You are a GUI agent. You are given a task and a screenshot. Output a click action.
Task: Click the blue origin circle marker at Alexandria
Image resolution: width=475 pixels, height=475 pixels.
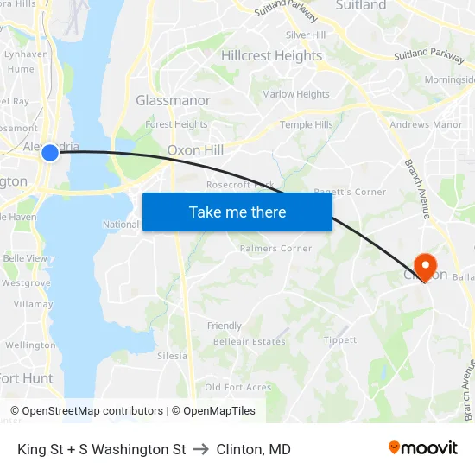point(50,152)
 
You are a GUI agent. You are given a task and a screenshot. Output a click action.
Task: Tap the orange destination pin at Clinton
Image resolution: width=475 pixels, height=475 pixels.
point(426,263)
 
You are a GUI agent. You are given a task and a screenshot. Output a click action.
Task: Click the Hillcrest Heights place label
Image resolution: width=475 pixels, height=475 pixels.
point(271,55)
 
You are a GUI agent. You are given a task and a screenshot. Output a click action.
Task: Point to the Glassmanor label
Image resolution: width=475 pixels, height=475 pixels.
point(173,100)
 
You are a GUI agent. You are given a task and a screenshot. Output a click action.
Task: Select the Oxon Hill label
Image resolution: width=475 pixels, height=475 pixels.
point(195,149)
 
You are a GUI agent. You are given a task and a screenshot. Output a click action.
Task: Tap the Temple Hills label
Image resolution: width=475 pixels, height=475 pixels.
point(306,124)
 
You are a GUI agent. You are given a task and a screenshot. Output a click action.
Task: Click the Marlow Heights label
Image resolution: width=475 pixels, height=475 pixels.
point(295,94)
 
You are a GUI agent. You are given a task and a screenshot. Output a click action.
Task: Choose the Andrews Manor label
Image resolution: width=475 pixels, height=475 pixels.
point(426,124)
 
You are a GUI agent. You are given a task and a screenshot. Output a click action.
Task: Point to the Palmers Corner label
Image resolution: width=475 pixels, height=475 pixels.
point(275,248)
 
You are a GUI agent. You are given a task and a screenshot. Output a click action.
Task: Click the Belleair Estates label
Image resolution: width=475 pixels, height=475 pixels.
point(249,341)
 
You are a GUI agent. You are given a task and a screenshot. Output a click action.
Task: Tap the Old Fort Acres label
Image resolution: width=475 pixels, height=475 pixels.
point(237,387)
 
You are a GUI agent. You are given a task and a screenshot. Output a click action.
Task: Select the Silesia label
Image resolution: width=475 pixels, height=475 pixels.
point(172,356)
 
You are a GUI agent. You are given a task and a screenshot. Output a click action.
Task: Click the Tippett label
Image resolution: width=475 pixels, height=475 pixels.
point(339,339)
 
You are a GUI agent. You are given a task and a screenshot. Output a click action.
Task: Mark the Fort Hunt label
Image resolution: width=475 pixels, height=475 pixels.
point(26,378)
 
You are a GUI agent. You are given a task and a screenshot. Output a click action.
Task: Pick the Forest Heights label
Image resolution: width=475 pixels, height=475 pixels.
point(176,124)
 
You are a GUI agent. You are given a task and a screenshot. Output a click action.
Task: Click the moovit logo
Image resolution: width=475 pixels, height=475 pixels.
point(423,448)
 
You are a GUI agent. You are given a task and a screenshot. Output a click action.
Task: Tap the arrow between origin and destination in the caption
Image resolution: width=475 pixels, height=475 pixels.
point(201,449)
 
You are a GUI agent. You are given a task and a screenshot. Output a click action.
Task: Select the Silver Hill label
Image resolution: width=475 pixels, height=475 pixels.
point(305,35)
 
